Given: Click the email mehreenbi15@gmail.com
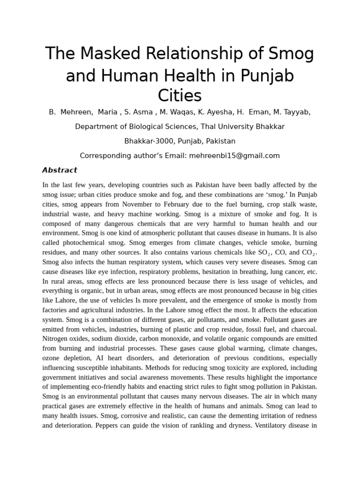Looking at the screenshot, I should coord(234,156).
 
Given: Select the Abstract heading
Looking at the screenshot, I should coord(60,170).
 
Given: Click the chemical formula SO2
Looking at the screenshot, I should coord(262,253).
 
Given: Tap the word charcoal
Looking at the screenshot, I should coord(302,329).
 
